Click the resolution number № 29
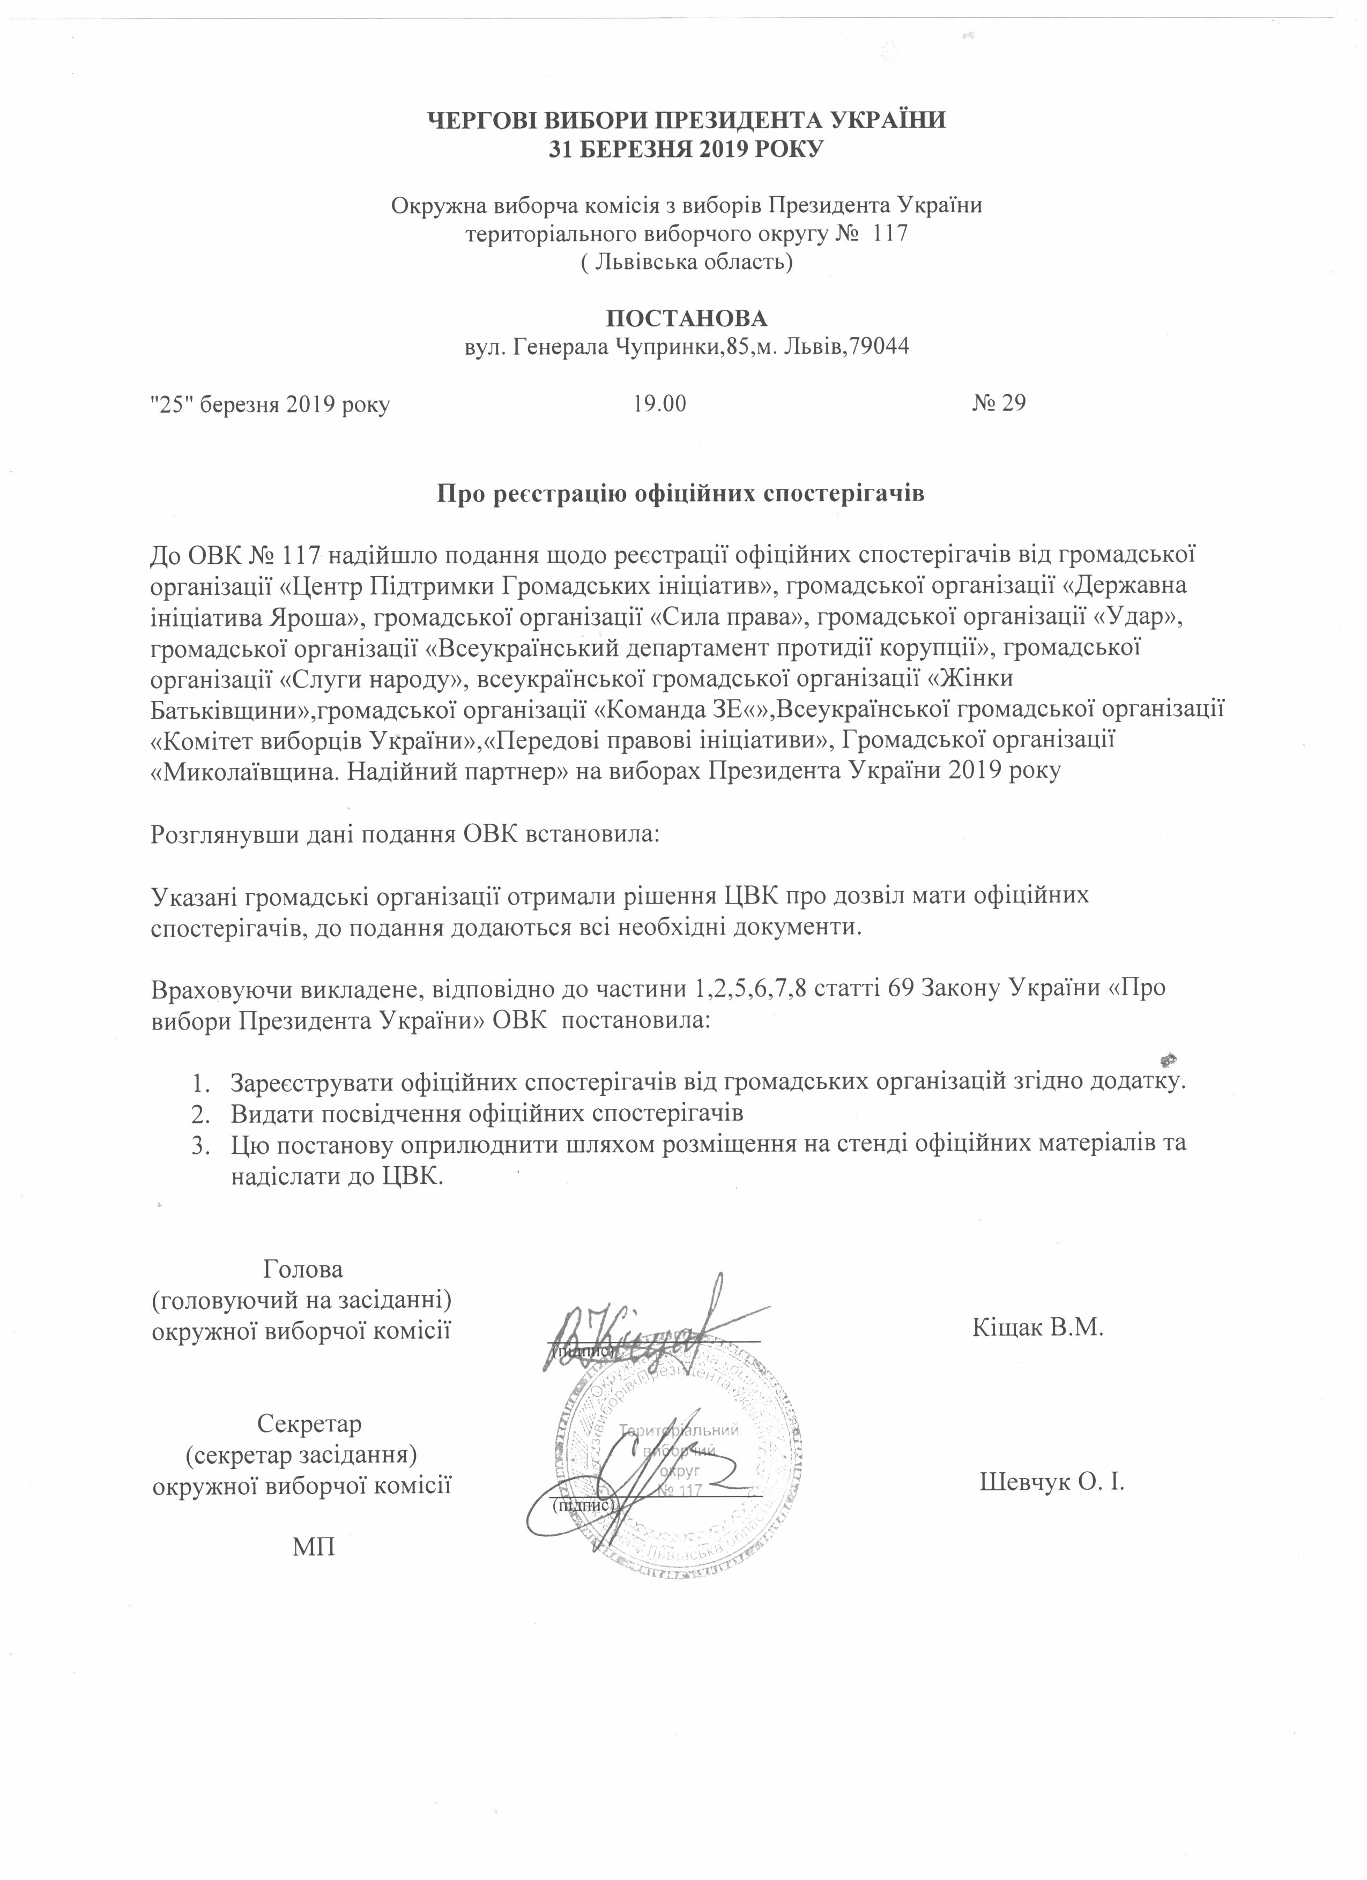(x=998, y=404)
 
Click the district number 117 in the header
(x=890, y=233)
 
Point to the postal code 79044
(x=881, y=346)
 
